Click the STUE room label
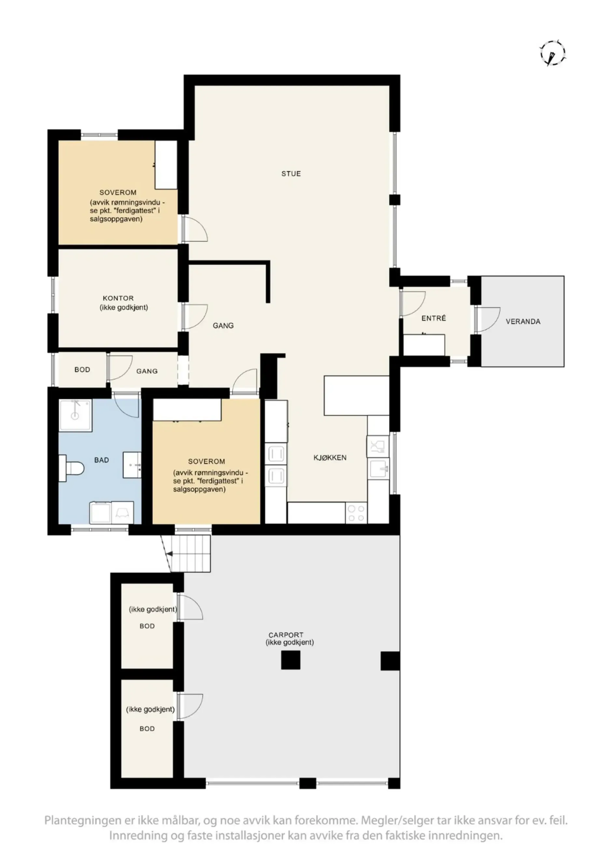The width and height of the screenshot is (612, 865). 291,174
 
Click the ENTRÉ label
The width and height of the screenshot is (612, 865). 434,318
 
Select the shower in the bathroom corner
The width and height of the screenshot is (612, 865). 76,415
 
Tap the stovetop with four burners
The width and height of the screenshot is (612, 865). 356,513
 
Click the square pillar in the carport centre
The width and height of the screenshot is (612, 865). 290,660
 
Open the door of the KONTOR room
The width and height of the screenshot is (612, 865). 195,317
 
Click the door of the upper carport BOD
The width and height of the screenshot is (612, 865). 190,607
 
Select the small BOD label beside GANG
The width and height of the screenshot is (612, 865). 82,370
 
